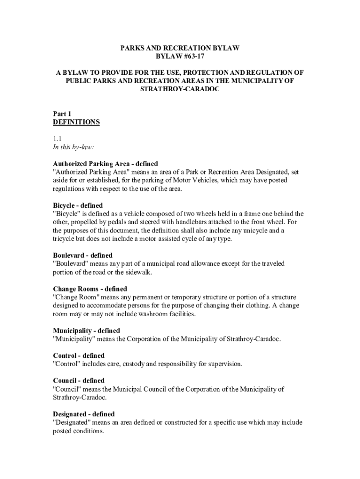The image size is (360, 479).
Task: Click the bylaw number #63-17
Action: pyautogui.click(x=192, y=56)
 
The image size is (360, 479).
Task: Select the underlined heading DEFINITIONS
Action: pyautogui.click(x=76, y=122)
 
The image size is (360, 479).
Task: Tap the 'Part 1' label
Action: pyautogui.click(x=62, y=114)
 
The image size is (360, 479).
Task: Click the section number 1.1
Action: pyautogui.click(x=58, y=139)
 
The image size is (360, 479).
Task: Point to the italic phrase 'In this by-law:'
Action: pyautogui.click(x=73, y=147)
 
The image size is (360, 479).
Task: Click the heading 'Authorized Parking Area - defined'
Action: pyautogui.click(x=105, y=164)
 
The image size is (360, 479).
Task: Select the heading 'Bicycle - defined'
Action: pyautogui.click(x=78, y=205)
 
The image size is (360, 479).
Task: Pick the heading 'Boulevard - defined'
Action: pyautogui.click(x=83, y=255)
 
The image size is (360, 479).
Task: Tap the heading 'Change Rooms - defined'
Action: pyautogui.click(x=90, y=289)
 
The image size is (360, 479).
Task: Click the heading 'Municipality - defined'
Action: pyautogui.click(x=86, y=331)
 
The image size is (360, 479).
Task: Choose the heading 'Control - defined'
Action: pyautogui.click(x=79, y=356)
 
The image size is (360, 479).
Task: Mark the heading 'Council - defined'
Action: pyautogui.click(x=79, y=381)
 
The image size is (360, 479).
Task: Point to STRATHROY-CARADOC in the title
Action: pyautogui.click(x=180, y=89)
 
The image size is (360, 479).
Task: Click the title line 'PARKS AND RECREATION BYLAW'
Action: pyautogui.click(x=180, y=48)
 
